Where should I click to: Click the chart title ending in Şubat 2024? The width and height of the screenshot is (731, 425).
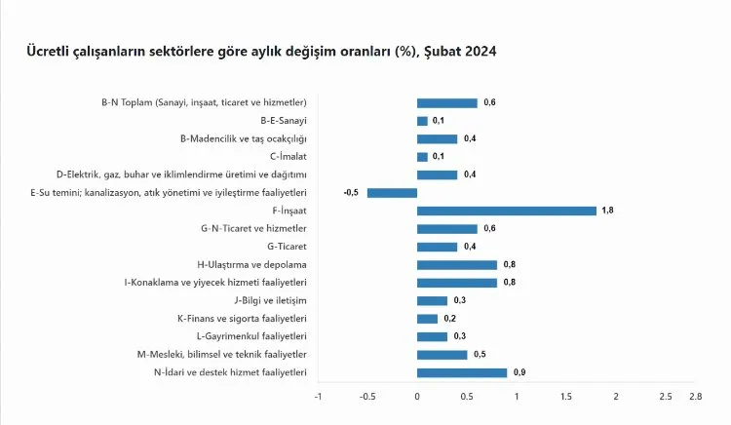(261, 51)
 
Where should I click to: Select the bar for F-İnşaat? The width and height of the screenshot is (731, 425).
(506, 211)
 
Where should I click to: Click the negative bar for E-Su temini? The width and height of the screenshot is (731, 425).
(392, 192)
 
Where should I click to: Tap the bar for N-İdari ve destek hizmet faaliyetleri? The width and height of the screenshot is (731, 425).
(461, 372)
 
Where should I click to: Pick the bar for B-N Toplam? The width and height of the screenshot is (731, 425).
(446, 102)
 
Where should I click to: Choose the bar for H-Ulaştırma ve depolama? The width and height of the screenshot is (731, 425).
(456, 264)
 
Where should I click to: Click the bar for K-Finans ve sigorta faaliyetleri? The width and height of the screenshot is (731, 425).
(427, 319)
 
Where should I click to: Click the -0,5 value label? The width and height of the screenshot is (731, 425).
(351, 192)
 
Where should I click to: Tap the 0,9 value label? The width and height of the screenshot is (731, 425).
(519, 372)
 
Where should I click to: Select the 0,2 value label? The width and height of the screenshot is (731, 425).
(450, 319)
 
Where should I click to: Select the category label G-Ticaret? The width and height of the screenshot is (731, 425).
(285, 247)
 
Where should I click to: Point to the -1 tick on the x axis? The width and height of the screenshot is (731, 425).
(317, 397)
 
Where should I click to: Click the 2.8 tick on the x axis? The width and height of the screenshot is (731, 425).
(695, 397)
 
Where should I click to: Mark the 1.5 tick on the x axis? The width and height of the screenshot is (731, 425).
(566, 397)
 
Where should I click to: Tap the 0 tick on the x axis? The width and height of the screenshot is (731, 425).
(417, 397)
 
